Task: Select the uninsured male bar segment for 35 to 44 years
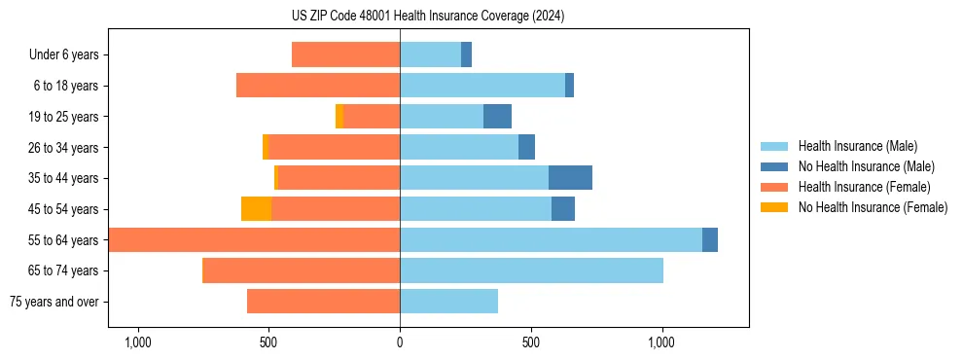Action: (570, 178)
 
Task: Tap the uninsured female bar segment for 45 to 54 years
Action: (256, 209)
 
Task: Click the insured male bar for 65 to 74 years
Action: (531, 270)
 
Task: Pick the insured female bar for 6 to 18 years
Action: (318, 86)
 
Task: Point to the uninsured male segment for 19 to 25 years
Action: (497, 117)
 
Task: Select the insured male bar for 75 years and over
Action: (448, 302)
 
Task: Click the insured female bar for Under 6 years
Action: (345, 54)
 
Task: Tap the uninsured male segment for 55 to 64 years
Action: (710, 240)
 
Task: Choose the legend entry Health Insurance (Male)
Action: (857, 146)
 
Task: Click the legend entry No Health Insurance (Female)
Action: (873, 207)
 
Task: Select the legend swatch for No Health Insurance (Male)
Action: (775, 166)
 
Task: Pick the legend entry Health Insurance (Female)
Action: (865, 187)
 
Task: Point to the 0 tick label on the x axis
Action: (400, 342)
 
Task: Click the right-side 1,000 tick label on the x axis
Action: (661, 342)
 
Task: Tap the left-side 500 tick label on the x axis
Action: (268, 342)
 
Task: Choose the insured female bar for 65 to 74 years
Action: (301, 270)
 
